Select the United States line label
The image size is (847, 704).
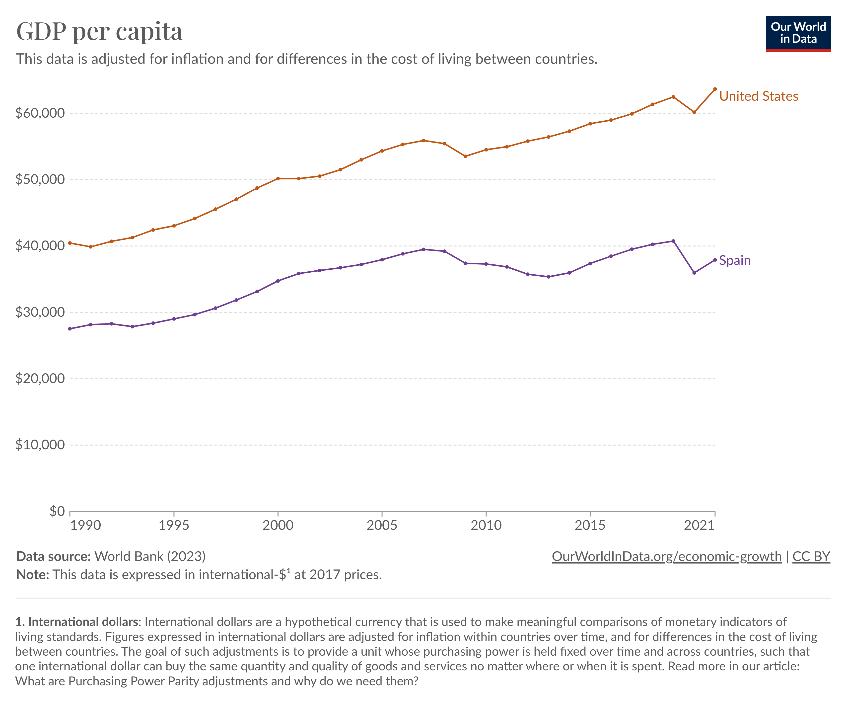coord(758,96)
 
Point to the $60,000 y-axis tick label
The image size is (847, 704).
coord(40,113)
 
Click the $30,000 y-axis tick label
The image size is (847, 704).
coord(40,312)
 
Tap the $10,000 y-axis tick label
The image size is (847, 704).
coord(40,445)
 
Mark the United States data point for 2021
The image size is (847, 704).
coord(715,89)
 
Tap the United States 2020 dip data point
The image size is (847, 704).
coord(694,112)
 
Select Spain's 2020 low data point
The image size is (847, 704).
coord(694,273)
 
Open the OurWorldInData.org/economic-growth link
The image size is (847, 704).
coord(666,556)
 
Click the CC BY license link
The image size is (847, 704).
coord(811,556)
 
